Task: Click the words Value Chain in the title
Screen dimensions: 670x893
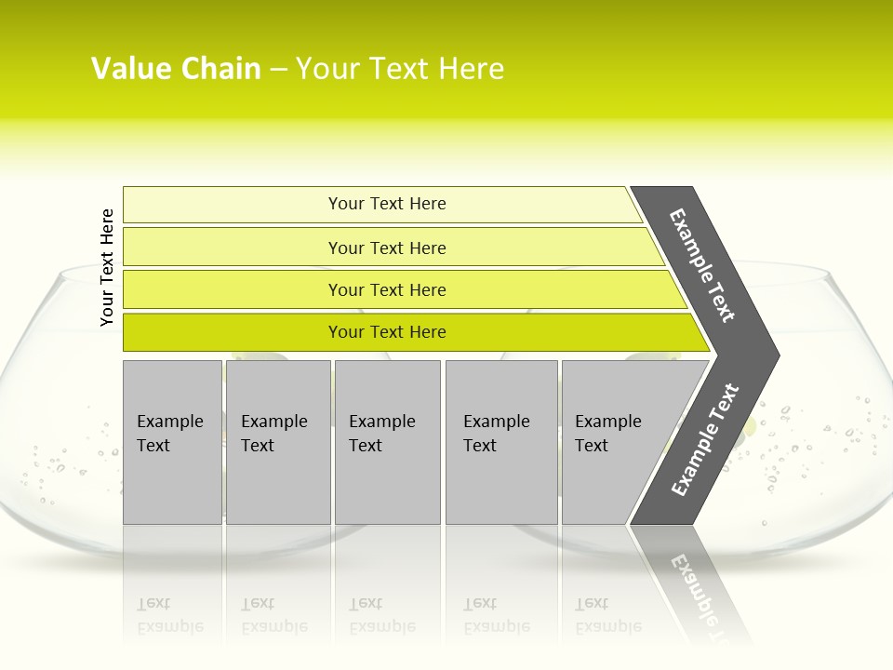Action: (176, 69)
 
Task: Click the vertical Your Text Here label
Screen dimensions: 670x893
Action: (107, 267)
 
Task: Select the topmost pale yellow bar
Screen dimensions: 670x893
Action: (387, 204)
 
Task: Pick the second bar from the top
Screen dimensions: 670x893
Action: (387, 248)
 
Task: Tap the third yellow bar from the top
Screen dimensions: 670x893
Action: (387, 289)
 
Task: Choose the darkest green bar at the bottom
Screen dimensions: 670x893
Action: (387, 332)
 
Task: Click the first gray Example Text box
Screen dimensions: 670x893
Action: (172, 442)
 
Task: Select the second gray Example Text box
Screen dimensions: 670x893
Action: (278, 442)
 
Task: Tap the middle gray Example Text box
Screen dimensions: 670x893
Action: (387, 442)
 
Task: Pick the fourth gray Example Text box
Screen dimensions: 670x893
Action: (501, 442)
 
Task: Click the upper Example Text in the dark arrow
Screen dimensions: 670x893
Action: (703, 265)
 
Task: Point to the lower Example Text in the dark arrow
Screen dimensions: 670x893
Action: (705, 439)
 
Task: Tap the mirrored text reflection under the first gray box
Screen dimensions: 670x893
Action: (170, 615)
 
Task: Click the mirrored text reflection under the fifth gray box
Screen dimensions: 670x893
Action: (607, 615)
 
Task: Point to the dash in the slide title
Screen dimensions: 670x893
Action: (278, 69)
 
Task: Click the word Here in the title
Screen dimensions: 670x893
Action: (471, 69)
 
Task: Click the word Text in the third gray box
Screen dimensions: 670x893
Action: (366, 446)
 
